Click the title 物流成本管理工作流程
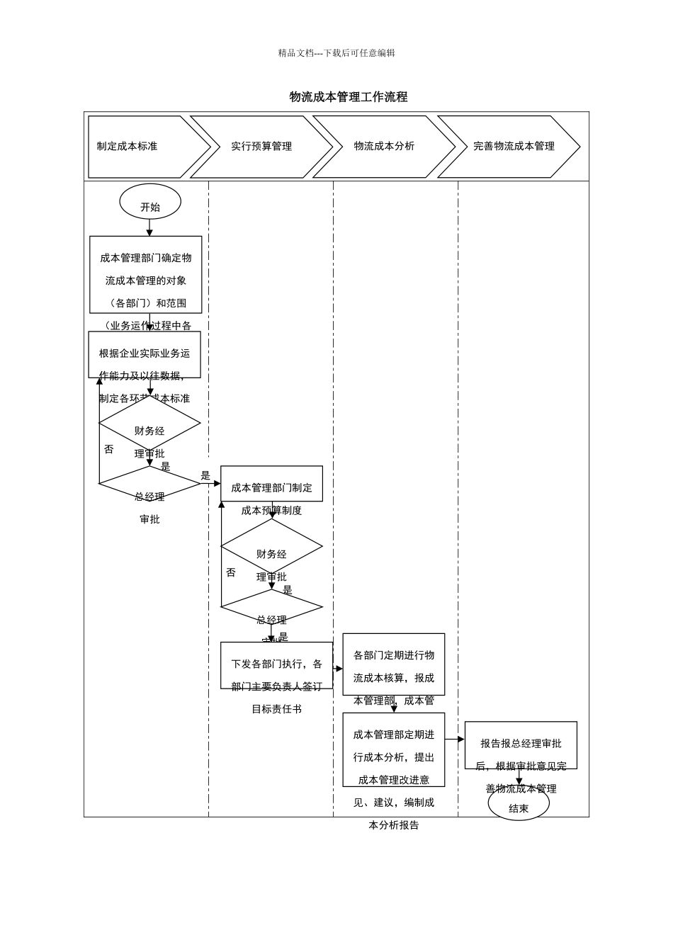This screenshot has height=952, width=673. [348, 97]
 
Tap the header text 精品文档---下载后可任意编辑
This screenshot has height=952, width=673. [336, 53]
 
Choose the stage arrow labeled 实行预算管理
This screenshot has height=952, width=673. [261, 147]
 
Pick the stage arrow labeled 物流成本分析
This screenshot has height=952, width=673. [384, 147]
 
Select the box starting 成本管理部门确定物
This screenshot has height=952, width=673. [146, 275]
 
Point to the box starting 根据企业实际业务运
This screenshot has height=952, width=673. [145, 355]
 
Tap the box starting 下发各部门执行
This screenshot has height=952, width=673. [276, 666]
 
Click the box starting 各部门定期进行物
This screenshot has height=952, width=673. [394, 664]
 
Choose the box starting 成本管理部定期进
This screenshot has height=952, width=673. [394, 749]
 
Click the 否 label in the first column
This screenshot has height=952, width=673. [108, 449]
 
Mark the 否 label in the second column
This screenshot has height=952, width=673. [231, 572]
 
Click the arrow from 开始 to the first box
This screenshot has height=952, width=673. [149, 227]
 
